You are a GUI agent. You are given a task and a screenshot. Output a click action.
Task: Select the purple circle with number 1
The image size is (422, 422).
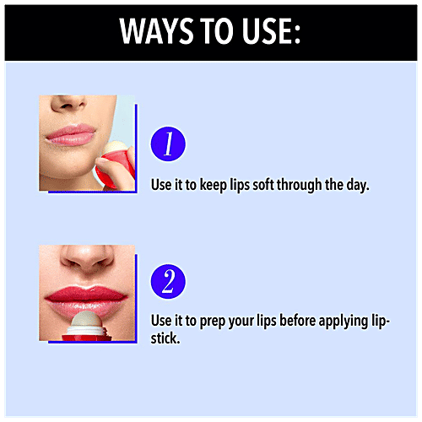pyautogui.click(x=167, y=145)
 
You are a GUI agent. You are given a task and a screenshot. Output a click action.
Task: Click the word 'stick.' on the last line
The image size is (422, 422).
pyautogui.click(x=165, y=338)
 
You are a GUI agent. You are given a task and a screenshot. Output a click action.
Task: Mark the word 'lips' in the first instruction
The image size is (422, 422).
pyautogui.click(x=223, y=184)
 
